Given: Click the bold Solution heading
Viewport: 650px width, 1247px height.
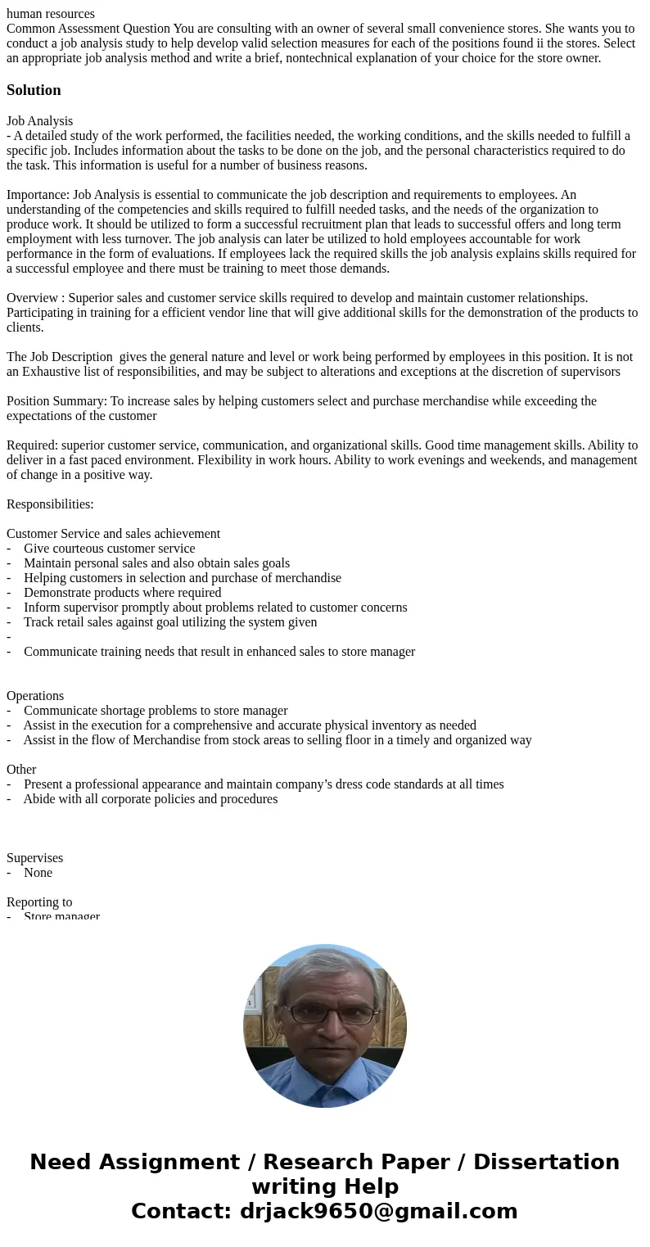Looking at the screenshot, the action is coord(34,90).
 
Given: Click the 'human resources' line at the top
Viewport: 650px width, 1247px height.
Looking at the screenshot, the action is coord(51,13).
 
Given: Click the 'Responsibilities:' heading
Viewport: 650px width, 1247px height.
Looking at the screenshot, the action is coord(50,504).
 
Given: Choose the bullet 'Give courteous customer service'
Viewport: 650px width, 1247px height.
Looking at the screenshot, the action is coord(109,549).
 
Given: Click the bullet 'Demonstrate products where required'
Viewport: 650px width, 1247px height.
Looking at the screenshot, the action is coord(122,593).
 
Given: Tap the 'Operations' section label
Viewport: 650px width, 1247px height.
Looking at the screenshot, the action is coord(35,696).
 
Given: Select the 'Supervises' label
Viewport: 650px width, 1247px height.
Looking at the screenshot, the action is coord(34,858).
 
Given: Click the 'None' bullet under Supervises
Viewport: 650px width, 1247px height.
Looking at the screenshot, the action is coord(38,873).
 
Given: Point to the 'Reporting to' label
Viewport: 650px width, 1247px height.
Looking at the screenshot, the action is coord(39,902).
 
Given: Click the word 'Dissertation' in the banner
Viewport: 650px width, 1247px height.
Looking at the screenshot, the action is coord(546,1163).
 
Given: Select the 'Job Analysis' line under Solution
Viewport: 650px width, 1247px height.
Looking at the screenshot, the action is coord(39,121).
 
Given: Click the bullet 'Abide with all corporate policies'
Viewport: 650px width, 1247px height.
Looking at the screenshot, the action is coord(150,799).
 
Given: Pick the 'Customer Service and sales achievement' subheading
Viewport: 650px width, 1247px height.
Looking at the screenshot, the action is coord(113,534).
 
